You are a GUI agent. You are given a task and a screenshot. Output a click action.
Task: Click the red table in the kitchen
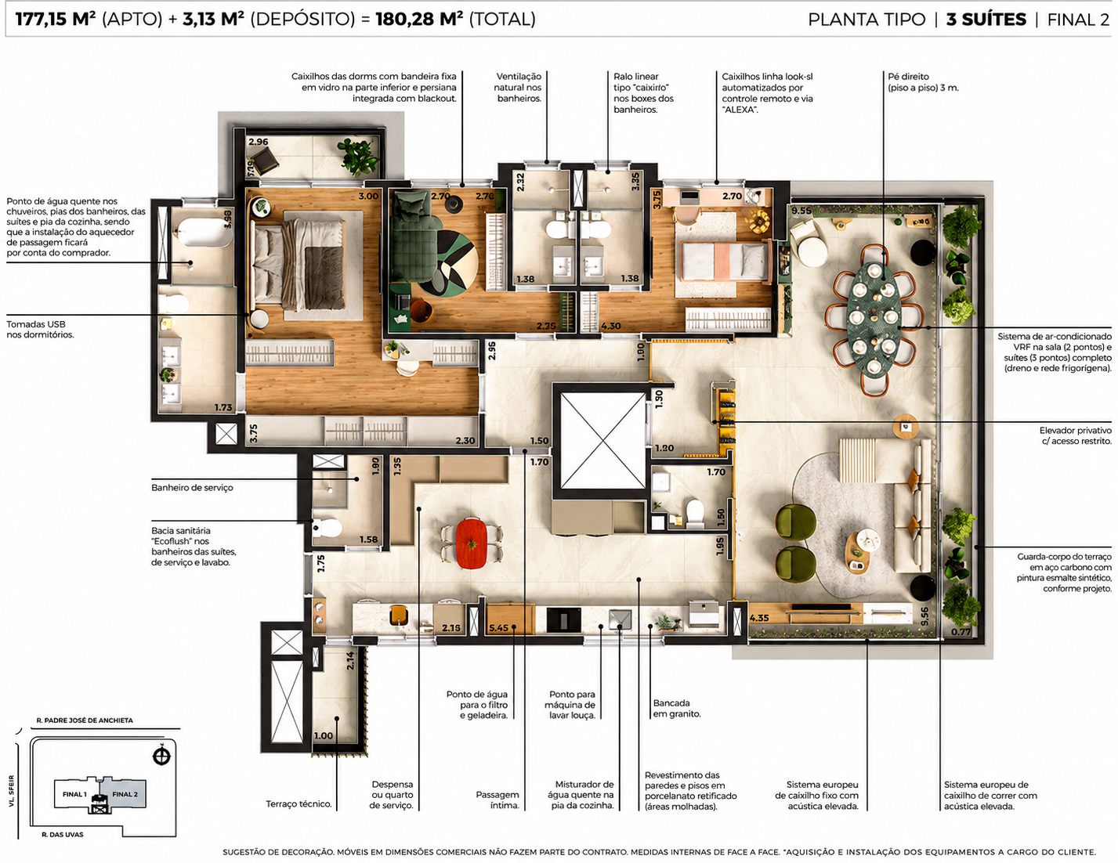point(471,543)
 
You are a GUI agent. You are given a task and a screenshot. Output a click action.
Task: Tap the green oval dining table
point(874,320)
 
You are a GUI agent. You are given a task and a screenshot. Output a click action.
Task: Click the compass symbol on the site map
point(161,756)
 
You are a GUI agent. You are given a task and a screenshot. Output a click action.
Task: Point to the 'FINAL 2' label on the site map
point(125,794)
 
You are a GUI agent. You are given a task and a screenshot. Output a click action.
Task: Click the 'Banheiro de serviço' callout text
point(192,488)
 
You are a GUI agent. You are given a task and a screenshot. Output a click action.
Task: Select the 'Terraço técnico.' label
point(299,803)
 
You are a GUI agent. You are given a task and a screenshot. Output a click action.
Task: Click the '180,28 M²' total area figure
point(419,19)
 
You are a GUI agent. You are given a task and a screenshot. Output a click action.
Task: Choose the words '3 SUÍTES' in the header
point(986,20)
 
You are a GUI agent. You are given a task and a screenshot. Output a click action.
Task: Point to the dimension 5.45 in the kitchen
point(498,628)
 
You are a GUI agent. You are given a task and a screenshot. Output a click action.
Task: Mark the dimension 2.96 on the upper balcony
point(259,142)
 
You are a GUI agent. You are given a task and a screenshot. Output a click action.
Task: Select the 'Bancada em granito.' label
point(677,708)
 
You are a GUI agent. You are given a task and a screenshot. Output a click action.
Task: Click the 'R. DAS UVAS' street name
point(62,834)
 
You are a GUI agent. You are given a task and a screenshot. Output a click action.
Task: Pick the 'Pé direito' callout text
point(908,77)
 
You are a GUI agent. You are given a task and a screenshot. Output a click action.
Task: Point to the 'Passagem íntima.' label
point(497,800)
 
